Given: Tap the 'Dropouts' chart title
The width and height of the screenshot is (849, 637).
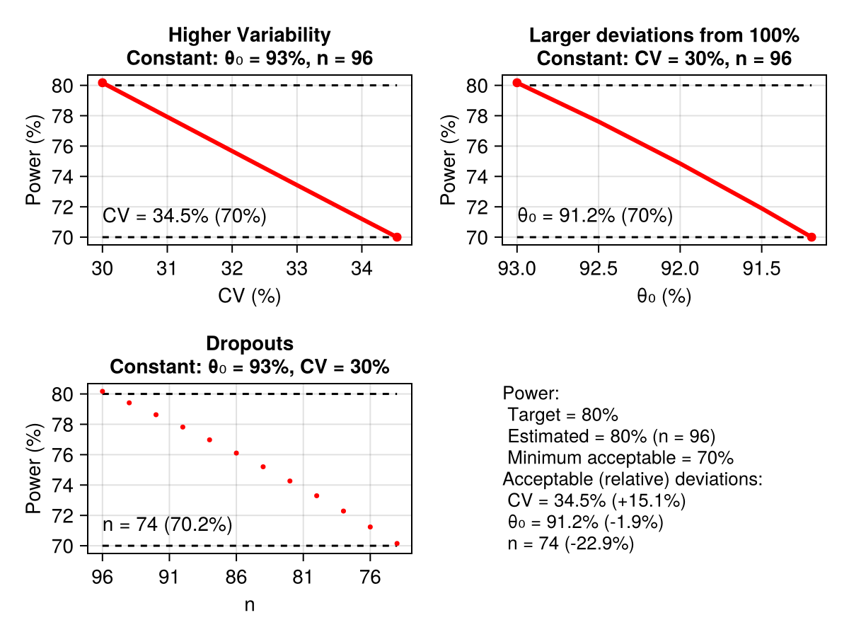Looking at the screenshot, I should point(249,344).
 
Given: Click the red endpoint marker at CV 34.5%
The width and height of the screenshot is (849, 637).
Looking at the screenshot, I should point(397,237).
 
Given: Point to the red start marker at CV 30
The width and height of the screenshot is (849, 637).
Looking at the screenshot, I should point(103,83).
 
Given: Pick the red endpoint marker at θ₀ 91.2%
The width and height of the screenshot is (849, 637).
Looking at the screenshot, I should point(812,237).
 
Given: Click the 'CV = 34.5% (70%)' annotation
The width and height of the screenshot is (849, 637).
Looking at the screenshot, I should point(184,216).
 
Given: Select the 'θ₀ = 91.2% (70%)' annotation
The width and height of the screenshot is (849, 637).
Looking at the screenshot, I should point(595,215).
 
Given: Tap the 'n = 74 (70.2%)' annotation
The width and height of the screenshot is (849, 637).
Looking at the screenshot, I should point(168,524).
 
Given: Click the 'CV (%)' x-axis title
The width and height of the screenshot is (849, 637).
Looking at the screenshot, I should point(249,297).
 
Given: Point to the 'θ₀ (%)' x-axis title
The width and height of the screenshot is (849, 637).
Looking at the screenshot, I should point(664,297).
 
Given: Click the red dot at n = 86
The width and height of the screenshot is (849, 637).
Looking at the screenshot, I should point(236,453).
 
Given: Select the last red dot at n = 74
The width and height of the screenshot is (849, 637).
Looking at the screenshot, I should point(397,544).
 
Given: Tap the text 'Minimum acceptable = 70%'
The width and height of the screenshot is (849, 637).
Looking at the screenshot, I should point(620,457).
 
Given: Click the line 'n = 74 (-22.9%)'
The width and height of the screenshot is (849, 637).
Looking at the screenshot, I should point(570,544).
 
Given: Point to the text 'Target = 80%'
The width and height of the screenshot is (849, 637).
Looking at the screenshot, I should point(562,415).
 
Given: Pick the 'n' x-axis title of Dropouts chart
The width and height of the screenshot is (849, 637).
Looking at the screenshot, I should point(249,605).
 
